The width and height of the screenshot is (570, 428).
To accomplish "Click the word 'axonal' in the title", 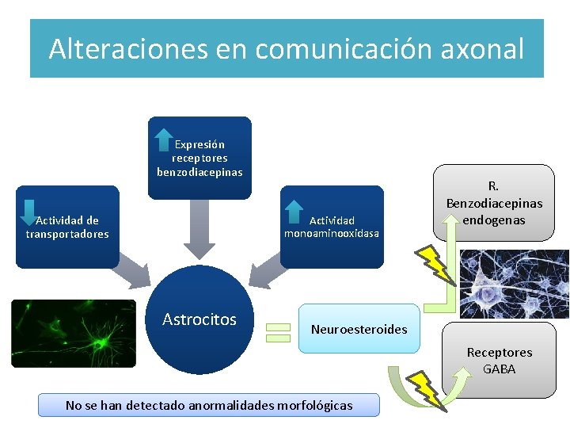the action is (x=484, y=49).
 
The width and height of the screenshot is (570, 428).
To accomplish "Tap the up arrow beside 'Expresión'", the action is (x=164, y=138).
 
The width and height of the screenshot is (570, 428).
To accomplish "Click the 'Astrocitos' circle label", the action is (x=199, y=319).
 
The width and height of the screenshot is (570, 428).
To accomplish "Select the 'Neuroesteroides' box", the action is (x=359, y=328).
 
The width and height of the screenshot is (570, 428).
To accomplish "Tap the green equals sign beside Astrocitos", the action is (x=278, y=332).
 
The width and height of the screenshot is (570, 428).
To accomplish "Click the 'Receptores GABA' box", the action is (x=499, y=360).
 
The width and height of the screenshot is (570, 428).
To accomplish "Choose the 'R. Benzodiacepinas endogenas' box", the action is (x=494, y=202).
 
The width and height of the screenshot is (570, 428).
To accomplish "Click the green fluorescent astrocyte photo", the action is (x=74, y=334).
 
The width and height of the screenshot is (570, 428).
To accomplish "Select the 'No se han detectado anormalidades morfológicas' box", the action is (x=209, y=405).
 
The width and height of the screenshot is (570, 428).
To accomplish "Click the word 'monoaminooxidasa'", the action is (x=332, y=234).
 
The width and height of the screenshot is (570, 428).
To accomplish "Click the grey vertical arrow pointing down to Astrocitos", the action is (x=199, y=230).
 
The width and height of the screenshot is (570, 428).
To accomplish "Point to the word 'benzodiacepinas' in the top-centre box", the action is (x=199, y=172).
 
